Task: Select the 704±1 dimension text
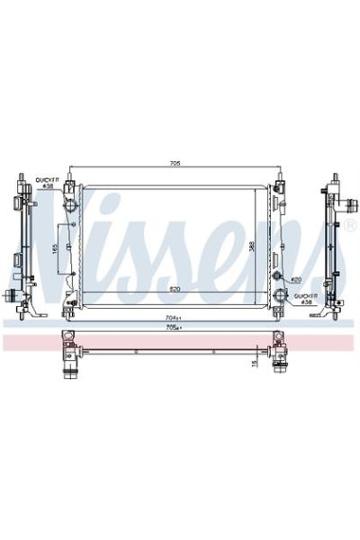[174, 318]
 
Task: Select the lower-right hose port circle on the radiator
[281, 293]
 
